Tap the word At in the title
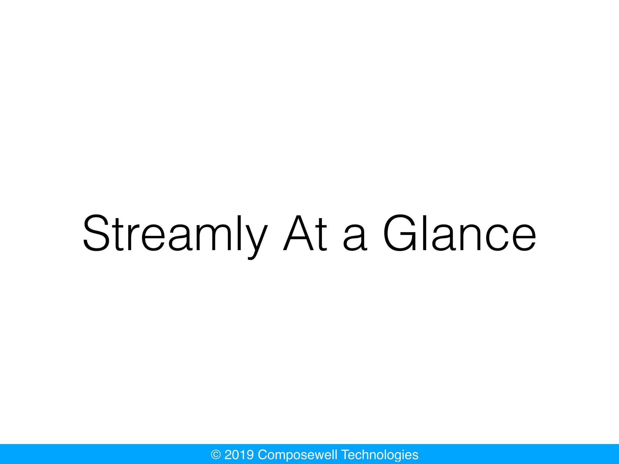coord(305,233)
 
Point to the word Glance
coord(459,233)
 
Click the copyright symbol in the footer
coord(216,455)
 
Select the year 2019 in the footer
coord(239,455)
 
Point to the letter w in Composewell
coord(322,456)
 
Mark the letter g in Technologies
coord(399,456)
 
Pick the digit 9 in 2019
coord(250,455)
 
